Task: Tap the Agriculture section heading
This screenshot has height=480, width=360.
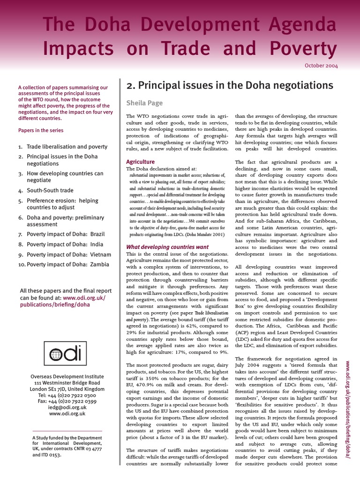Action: (x=141, y=162)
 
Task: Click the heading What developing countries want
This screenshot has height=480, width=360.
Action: (x=168, y=247)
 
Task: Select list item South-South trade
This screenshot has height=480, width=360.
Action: (x=50, y=191)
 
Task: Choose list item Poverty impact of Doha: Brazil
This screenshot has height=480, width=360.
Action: (x=65, y=234)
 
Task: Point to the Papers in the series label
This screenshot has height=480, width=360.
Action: (x=40, y=130)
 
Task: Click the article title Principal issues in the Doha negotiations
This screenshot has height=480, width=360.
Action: (x=230, y=85)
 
